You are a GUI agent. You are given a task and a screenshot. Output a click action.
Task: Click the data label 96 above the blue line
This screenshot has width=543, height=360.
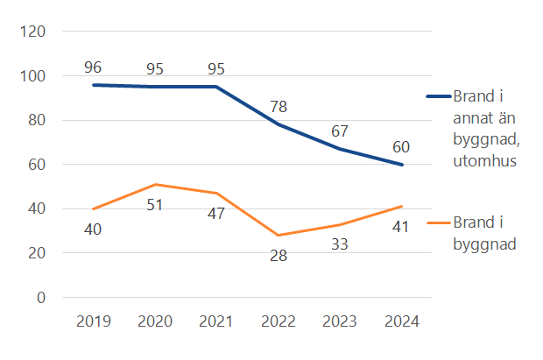click(x=94, y=67)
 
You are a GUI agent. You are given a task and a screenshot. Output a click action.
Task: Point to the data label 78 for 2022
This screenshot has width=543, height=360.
click(x=279, y=107)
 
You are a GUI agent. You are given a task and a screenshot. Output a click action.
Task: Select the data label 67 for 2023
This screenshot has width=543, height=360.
click(x=340, y=131)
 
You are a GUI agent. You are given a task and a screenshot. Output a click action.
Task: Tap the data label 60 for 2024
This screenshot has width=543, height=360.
click(x=401, y=147)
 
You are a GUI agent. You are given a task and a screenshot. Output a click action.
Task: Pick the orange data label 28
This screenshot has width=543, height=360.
click(x=279, y=256)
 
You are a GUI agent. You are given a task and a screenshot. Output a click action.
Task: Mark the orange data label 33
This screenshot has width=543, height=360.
click(x=340, y=245)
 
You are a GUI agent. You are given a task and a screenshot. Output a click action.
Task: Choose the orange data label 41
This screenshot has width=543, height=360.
click(x=401, y=228)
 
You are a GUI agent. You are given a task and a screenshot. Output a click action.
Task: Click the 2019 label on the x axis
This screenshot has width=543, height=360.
click(x=94, y=321)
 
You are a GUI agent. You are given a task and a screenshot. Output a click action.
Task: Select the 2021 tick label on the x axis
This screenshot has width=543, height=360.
click(x=216, y=321)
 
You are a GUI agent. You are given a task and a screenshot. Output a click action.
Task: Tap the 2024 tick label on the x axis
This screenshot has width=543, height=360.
click(x=401, y=321)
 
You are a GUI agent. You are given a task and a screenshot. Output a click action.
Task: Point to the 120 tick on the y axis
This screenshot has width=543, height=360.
click(x=34, y=32)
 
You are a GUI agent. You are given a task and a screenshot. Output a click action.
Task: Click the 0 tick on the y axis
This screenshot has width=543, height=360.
click(x=41, y=298)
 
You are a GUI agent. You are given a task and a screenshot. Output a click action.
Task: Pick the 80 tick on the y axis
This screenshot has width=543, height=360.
click(x=38, y=120)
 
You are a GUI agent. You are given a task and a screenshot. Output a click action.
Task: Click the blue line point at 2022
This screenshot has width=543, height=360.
click(x=279, y=124)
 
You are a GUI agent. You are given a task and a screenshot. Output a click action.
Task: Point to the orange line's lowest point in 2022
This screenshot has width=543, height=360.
click(x=279, y=236)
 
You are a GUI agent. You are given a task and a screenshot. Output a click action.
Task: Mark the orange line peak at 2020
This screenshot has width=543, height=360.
click(x=155, y=184)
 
